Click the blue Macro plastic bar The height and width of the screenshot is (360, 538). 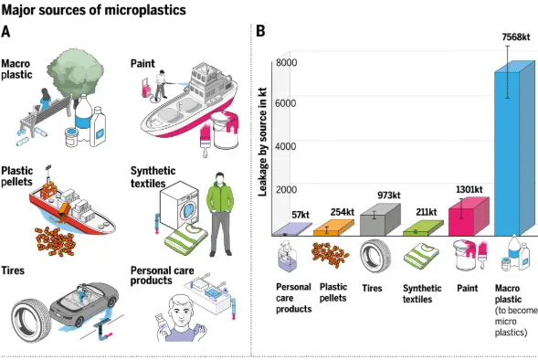click(514, 148)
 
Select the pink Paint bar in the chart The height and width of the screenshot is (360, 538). click(469, 217)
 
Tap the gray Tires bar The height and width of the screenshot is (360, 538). click(380, 220)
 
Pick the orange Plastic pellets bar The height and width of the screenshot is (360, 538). click(333, 228)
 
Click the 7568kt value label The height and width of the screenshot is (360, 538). click(516, 37)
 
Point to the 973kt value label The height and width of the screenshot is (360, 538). click(389, 196)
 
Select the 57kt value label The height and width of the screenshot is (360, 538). click(301, 215)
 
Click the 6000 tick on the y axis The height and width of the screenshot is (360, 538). click(286, 103)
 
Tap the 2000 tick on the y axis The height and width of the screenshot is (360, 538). click(286, 189)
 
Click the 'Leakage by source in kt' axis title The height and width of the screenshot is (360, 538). click(262, 142)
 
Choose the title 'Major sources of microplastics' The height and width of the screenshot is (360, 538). click(94, 10)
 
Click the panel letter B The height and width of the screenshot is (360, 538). click(260, 31)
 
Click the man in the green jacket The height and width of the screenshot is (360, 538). click(220, 215)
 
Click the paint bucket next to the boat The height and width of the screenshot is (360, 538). click(224, 131)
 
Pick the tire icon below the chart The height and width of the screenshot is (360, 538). click(375, 257)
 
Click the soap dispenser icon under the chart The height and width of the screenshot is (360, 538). click(287, 257)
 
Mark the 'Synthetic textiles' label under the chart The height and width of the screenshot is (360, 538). click(422, 294)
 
